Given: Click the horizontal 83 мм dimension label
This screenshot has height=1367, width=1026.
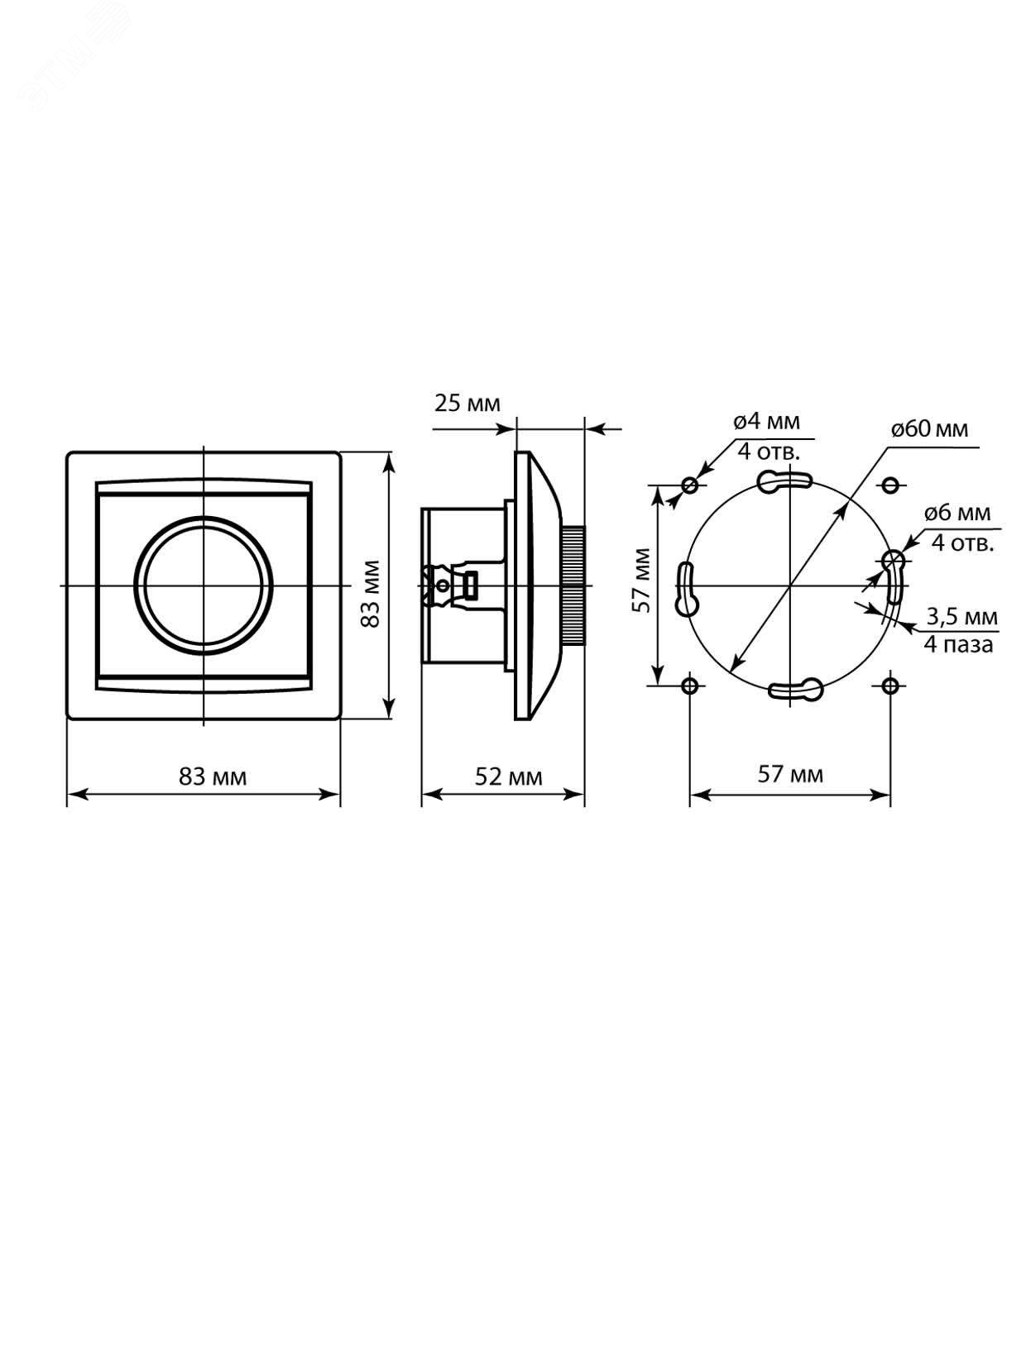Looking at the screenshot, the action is tap(213, 777).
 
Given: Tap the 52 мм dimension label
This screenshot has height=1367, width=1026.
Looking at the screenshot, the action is tap(508, 777).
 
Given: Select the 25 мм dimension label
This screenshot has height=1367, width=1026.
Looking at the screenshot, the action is tap(467, 404).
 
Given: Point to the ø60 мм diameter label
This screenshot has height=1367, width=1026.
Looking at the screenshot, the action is tap(929, 429).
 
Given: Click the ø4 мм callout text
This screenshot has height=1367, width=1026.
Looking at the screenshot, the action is tap(766, 422).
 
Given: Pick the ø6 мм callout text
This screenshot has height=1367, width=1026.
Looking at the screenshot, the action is tap(957, 513).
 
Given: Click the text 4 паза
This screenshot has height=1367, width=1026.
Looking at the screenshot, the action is tap(958, 644).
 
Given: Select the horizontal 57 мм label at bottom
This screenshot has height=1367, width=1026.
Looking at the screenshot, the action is tap(790, 774).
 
